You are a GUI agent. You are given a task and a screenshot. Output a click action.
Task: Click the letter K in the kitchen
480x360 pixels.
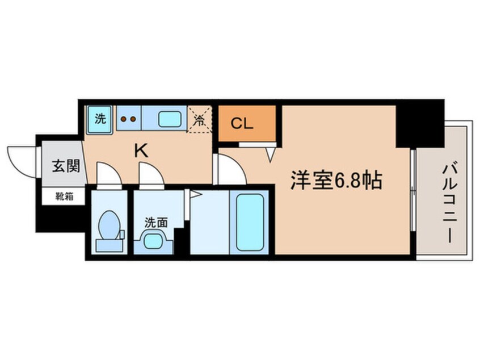click(141, 150)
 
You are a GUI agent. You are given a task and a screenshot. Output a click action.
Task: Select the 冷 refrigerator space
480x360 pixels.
click(200, 120)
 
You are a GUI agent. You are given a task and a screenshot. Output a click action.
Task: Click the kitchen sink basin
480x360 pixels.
click(170, 120)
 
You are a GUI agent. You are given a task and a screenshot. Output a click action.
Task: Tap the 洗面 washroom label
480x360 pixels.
click(155, 223)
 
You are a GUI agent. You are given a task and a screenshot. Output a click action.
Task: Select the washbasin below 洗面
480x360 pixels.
click(153, 241)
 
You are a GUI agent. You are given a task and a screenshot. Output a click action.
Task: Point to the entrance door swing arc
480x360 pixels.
click(21, 159)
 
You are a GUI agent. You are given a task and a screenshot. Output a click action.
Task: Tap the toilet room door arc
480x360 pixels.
click(108, 173)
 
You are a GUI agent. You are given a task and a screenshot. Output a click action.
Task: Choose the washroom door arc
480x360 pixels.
click(151, 173)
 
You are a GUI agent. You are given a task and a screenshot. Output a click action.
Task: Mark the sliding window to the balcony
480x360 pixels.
click(414, 202)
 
